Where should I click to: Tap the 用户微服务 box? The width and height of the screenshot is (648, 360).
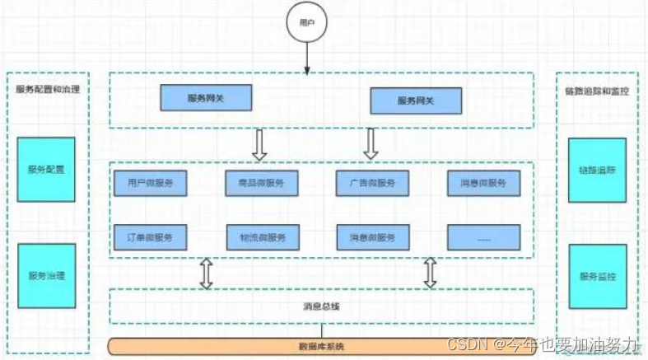[150, 182]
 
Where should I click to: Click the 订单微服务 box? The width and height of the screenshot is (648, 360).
[150, 237]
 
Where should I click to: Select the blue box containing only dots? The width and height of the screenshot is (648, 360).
[483, 237]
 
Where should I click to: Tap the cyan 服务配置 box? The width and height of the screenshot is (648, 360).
[46, 170]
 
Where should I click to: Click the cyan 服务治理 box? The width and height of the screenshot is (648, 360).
[46, 275]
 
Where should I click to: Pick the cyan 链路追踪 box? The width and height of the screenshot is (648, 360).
[596, 170]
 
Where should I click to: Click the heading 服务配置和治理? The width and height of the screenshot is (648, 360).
[47, 89]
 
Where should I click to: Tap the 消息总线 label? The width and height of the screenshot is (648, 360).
[320, 306]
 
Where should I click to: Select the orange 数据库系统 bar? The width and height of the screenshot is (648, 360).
[321, 345]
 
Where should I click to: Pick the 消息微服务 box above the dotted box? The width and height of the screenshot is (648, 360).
[483, 182]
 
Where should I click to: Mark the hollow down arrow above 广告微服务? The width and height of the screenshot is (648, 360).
[371, 143]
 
